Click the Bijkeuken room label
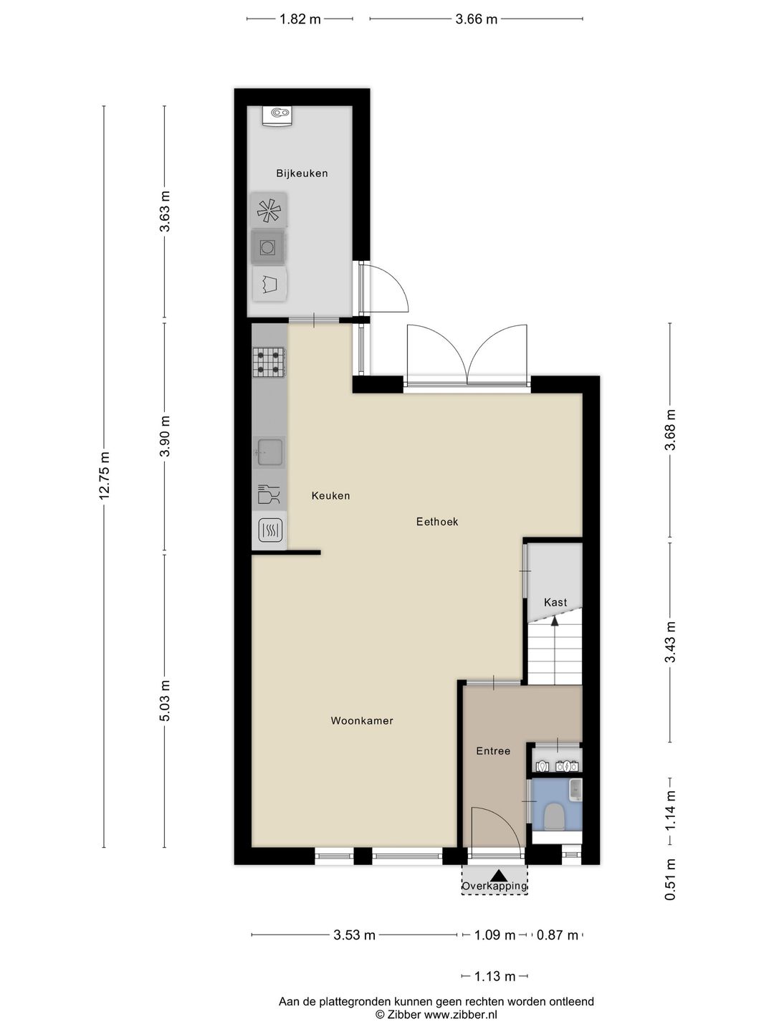click(x=302, y=173)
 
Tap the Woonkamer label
click(x=361, y=721)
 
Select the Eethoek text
click(x=436, y=522)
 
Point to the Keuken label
click(x=330, y=496)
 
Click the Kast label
click(x=555, y=603)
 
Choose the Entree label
click(x=493, y=751)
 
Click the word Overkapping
click(x=494, y=887)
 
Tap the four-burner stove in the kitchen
click(x=269, y=362)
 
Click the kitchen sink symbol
click(x=269, y=451)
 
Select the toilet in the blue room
click(x=554, y=816)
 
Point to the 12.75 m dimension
click(x=105, y=476)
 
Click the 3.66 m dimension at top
click(x=476, y=19)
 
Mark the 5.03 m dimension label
click(x=165, y=701)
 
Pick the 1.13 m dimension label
click(x=494, y=976)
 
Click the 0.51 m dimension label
click(x=670, y=880)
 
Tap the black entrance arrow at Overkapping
click(x=499, y=875)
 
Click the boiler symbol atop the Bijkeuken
click(x=277, y=115)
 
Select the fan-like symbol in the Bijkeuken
click(x=269, y=211)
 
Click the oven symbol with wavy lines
click(x=269, y=530)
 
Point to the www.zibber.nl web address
click(x=460, y=1014)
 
